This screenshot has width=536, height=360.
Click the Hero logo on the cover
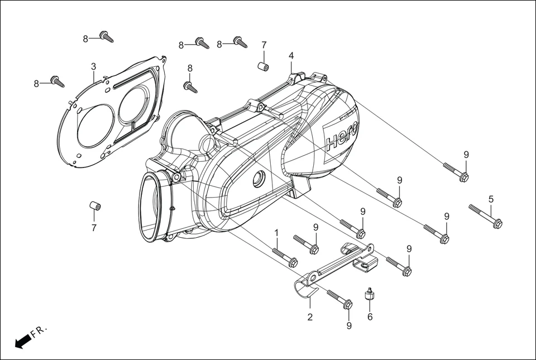pyautogui.click(x=342, y=134)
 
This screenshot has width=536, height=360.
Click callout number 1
pyautogui.click(x=276, y=232)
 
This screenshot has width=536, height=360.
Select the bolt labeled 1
pyautogui.click(x=285, y=257)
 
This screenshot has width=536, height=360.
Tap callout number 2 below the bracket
pyautogui.click(x=310, y=317)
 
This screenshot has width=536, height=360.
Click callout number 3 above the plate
pyautogui.click(x=94, y=67)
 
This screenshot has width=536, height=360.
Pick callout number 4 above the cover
pyautogui.click(x=291, y=56)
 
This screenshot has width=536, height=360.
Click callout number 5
pyautogui.click(x=491, y=199)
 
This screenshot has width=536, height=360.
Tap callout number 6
pyautogui.click(x=369, y=317)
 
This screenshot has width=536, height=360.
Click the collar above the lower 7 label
pyautogui.click(x=95, y=207)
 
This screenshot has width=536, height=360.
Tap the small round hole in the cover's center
pyautogui.click(x=259, y=180)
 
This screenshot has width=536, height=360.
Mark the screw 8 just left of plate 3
pyautogui.click(x=57, y=81)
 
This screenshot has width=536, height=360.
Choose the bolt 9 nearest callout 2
pyautogui.click(x=340, y=299)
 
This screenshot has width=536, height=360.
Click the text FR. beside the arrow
pyautogui.click(x=39, y=332)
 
